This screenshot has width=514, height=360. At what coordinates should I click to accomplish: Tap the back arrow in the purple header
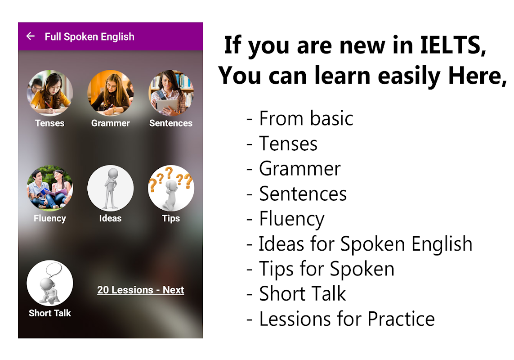click(31, 36)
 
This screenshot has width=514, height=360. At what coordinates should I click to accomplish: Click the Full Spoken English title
click(89, 37)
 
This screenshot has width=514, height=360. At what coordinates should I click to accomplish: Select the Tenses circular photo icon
click(50, 93)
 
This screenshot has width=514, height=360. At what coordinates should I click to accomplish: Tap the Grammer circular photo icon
click(111, 93)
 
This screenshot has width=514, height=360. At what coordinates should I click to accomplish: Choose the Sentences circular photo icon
click(171, 93)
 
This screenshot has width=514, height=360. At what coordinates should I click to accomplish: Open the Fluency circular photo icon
click(50, 188)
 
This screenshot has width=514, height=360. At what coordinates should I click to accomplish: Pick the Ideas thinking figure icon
click(111, 188)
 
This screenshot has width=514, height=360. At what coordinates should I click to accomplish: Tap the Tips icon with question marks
click(171, 188)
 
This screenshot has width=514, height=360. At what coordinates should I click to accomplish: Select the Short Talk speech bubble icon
click(50, 283)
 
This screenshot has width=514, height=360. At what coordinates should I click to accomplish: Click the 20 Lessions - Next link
click(141, 290)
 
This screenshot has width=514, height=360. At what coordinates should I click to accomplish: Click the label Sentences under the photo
click(171, 123)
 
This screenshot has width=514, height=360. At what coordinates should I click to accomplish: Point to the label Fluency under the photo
click(50, 219)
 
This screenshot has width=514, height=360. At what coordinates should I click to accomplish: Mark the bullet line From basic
click(300, 118)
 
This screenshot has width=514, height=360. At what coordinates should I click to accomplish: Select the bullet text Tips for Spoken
click(320, 269)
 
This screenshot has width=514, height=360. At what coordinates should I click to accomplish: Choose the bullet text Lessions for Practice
click(340, 319)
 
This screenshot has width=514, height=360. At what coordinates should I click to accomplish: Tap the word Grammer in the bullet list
click(300, 169)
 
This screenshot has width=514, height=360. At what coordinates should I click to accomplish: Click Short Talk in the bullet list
click(303, 294)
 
